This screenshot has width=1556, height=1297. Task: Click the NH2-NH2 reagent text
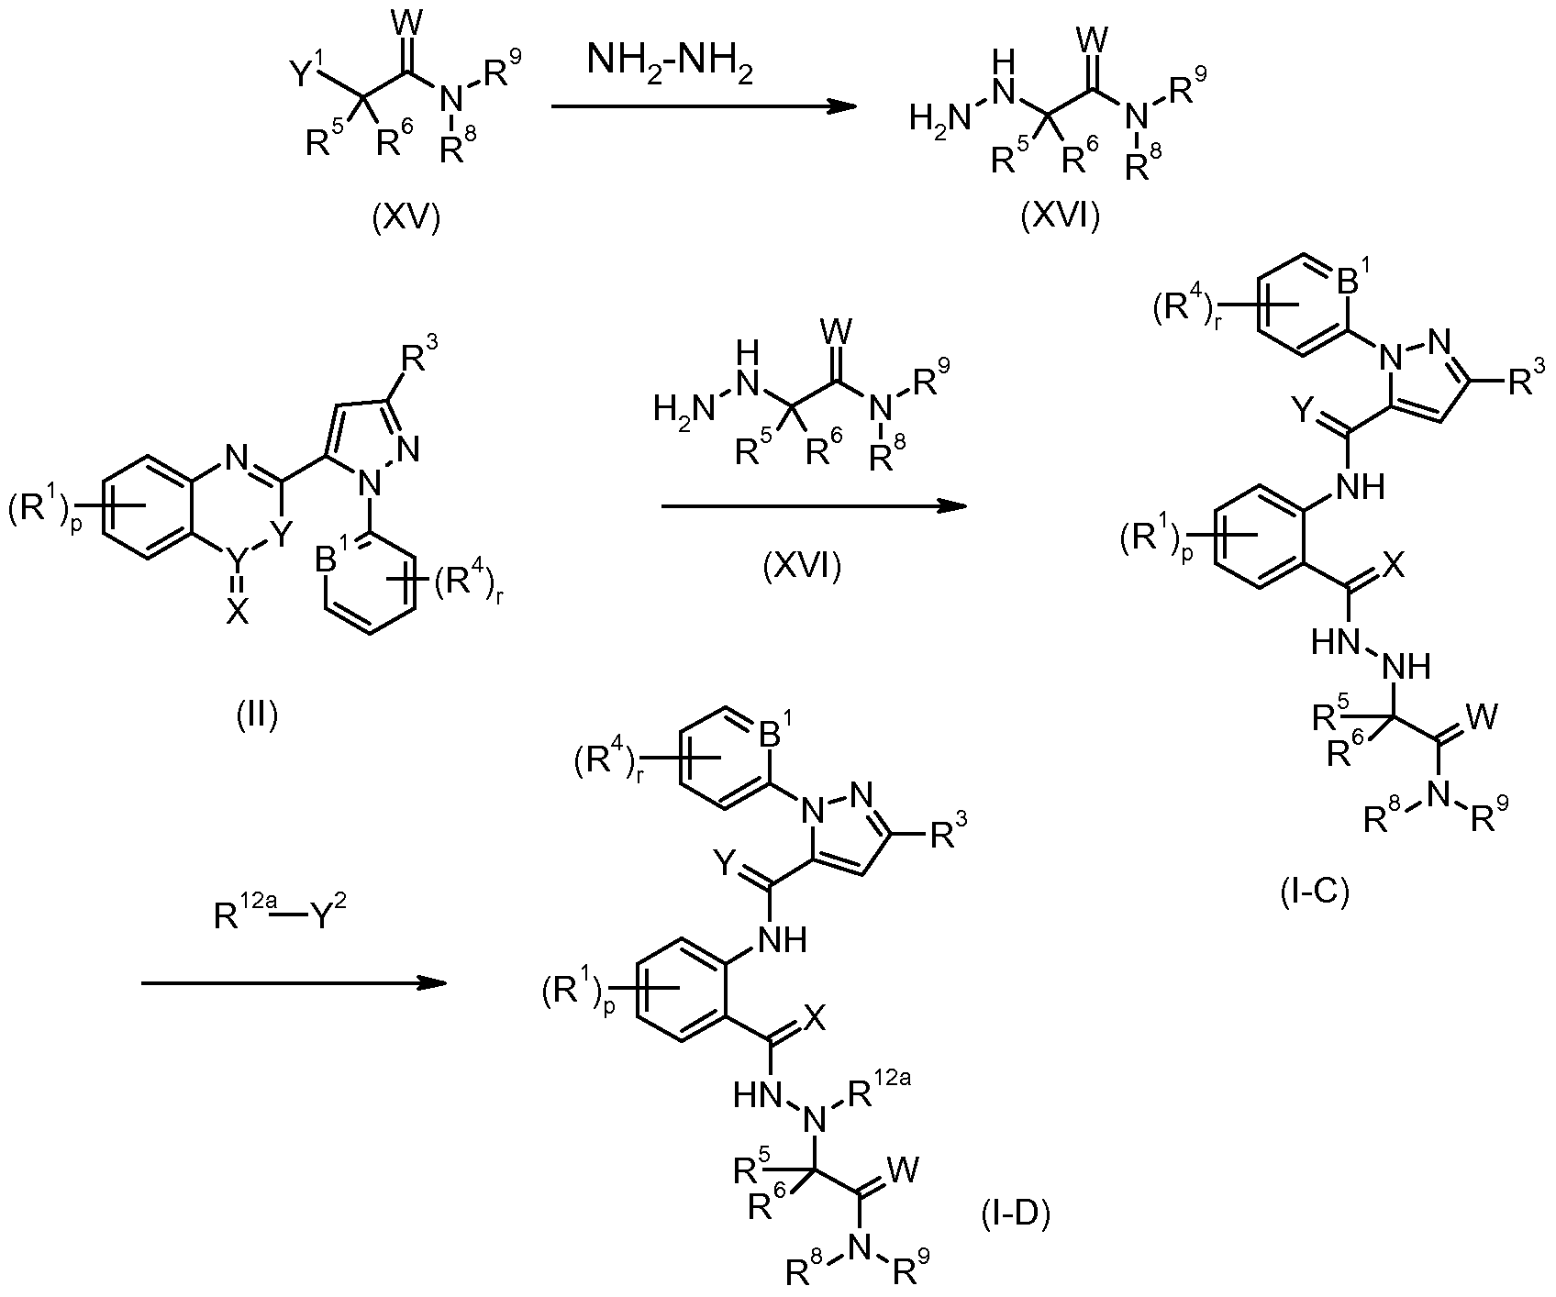pyautogui.click(x=671, y=66)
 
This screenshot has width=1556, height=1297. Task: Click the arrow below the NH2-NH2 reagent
pyautogui.click(x=703, y=107)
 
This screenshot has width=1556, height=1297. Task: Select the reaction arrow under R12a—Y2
pyautogui.click(x=293, y=984)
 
